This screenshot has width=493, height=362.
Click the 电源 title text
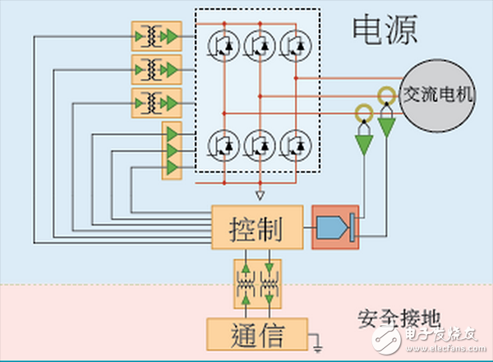(385, 30)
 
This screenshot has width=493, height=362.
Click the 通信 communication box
(257, 335)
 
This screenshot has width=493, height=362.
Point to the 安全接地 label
(393, 318)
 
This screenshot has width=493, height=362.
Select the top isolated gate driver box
(156, 36)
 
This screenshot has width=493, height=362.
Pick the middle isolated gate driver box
(156, 69)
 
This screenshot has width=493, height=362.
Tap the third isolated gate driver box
(156, 102)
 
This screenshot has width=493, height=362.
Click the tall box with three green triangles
(172, 149)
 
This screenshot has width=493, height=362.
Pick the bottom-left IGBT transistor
(224, 145)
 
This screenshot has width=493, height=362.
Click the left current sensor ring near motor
(363, 112)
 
